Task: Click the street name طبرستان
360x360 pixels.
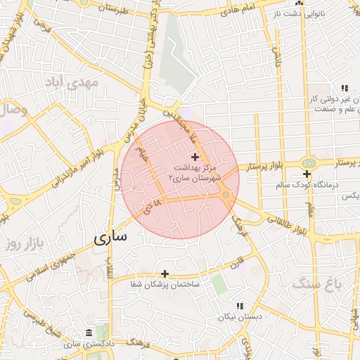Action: click(x=115, y=8)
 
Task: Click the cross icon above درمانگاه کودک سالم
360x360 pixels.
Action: click(x=307, y=174)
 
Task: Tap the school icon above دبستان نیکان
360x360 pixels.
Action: click(x=240, y=307)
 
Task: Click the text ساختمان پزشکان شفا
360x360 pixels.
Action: click(x=165, y=285)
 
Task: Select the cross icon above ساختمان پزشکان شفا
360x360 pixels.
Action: click(x=165, y=274)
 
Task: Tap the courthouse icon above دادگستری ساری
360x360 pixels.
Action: click(x=87, y=333)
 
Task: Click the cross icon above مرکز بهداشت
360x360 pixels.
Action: click(x=195, y=155)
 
